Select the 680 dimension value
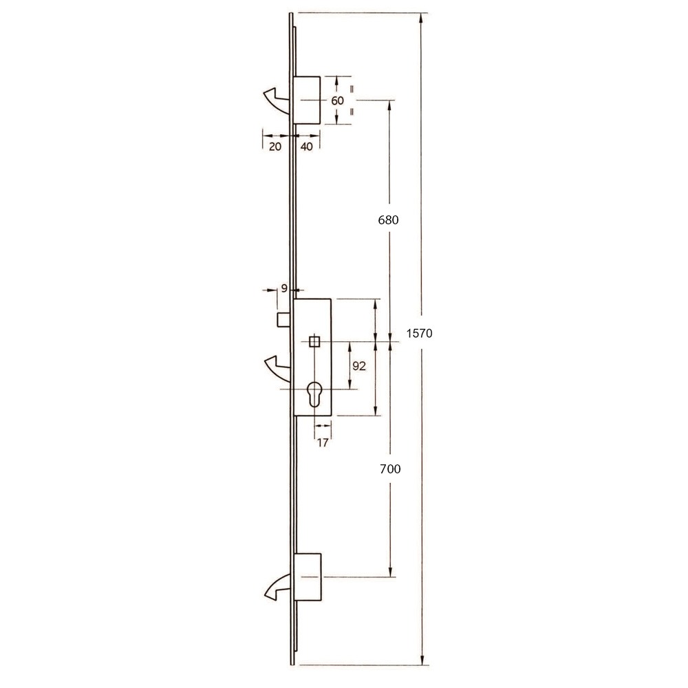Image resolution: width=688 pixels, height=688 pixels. pyautogui.click(x=389, y=221)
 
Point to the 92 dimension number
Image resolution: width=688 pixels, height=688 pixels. pyautogui.click(x=359, y=367)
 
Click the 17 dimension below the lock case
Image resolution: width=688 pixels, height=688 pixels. pyautogui.click(x=323, y=443)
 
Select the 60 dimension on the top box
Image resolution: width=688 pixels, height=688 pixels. pyautogui.click(x=337, y=100)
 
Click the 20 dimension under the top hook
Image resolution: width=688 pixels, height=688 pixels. pyautogui.click(x=275, y=147)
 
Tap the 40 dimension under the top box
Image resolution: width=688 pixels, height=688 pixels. pyautogui.click(x=307, y=147)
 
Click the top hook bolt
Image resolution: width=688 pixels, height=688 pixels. pyautogui.click(x=277, y=100)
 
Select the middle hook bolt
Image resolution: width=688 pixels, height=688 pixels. pyautogui.click(x=277, y=367)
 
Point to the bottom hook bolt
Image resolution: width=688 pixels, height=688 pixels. pyautogui.click(x=277, y=586)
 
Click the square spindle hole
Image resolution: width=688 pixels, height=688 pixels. pyautogui.click(x=314, y=341)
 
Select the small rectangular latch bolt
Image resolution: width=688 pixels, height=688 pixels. pyautogui.click(x=283, y=321)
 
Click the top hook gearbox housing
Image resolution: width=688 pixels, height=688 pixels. pyautogui.click(x=308, y=100)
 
